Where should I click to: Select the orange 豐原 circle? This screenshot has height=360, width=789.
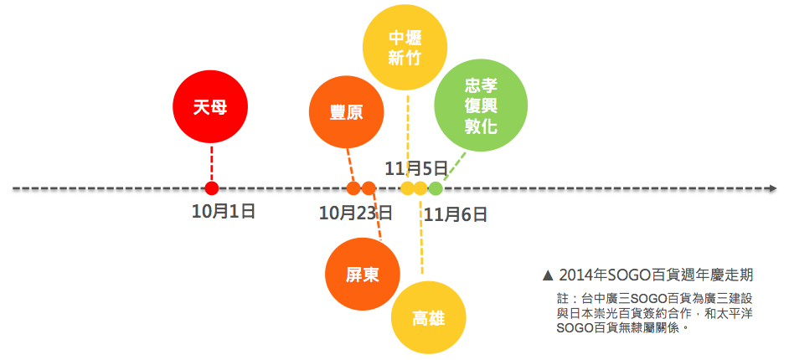346,112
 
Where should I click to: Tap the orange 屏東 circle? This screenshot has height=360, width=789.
362,274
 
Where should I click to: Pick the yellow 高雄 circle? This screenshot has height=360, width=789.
429,317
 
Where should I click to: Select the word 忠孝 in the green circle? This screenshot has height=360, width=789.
482,87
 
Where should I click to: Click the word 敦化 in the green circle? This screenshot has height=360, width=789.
482,128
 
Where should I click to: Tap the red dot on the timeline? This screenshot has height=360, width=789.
212,188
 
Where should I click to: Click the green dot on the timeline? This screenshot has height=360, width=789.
436,188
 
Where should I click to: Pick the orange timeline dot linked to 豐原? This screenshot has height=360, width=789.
353,188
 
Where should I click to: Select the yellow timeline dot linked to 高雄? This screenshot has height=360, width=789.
420,188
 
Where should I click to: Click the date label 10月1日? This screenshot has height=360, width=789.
223,211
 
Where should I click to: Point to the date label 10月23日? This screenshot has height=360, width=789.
356,213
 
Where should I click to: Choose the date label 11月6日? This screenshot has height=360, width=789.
456,214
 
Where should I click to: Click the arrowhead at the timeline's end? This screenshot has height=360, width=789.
771,188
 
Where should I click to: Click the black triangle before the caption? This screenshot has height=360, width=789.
549,275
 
